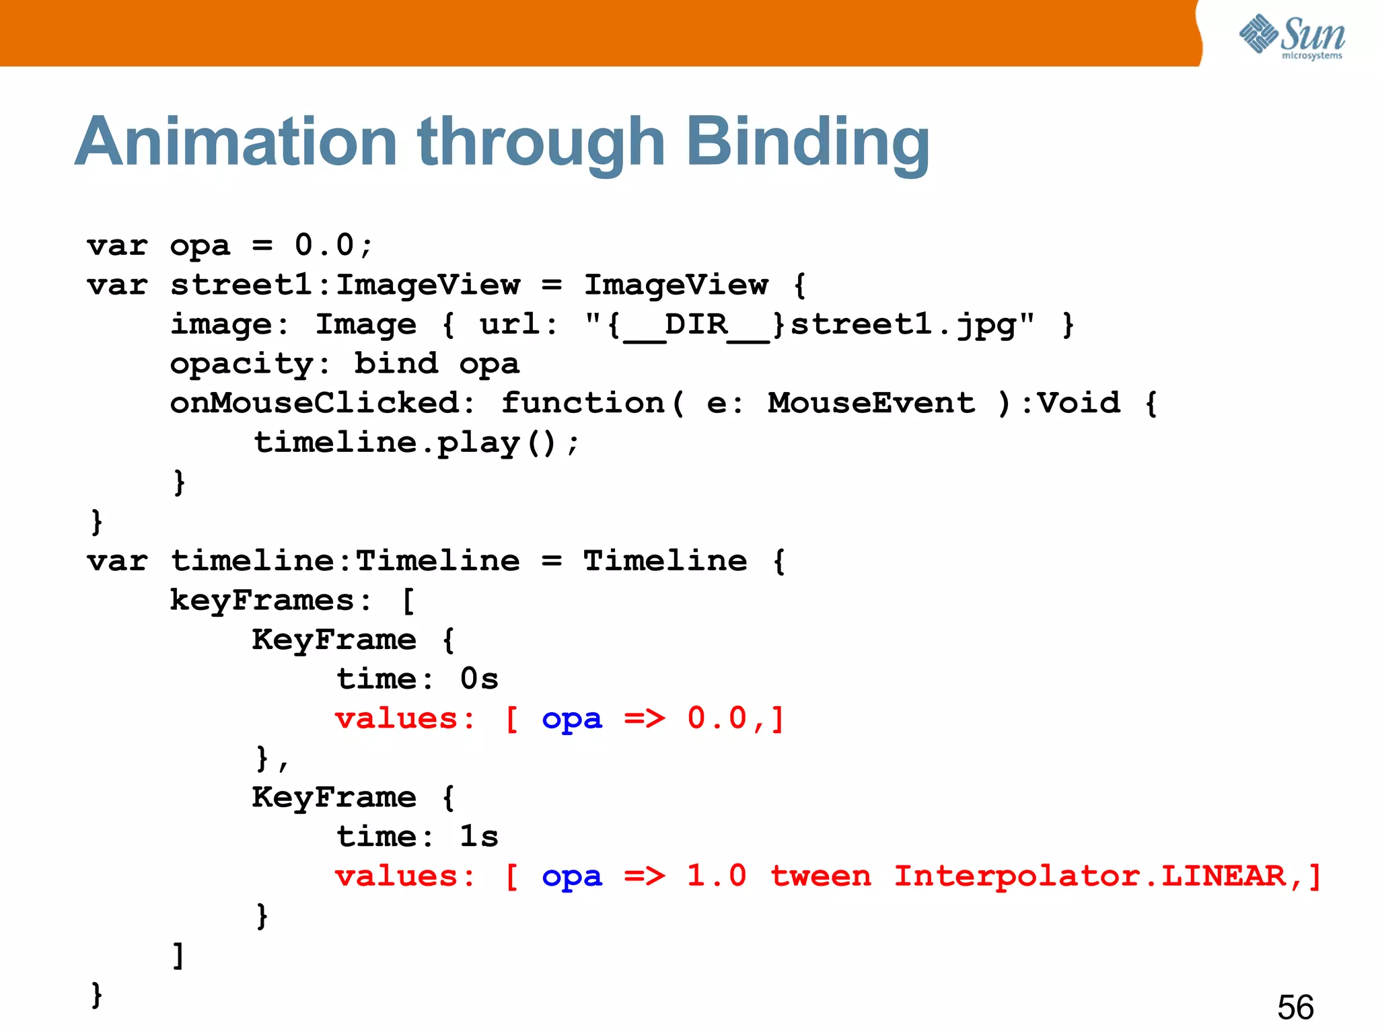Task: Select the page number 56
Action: [1295, 1007]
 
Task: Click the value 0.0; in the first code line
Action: [334, 245]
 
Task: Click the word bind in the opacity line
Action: [396, 365]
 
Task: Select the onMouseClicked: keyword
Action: [322, 404]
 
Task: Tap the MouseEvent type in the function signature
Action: [871, 404]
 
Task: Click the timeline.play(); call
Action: [416, 443]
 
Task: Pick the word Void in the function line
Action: [1079, 404]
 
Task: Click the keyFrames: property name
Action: [270, 601]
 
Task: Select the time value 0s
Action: [479, 679]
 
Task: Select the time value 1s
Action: [479, 837]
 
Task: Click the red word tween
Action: [820, 877]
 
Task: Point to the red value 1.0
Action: [717, 877]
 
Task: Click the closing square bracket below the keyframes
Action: [178, 955]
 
